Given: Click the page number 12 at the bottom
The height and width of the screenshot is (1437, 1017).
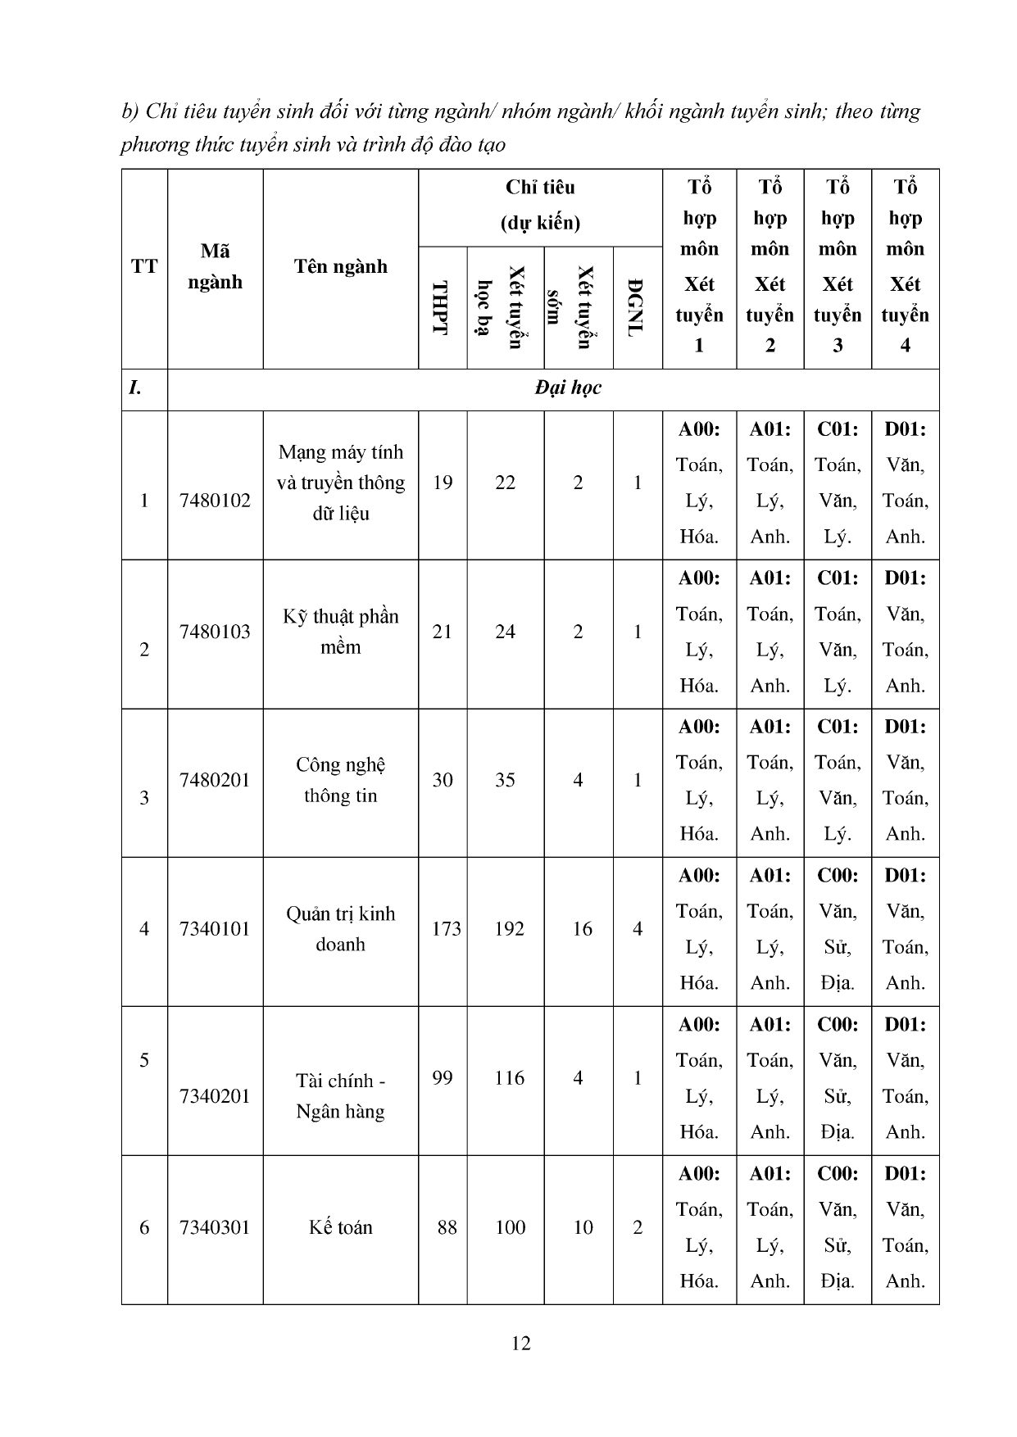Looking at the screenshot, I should point(520,1343).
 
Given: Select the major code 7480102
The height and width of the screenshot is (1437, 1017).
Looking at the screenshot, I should point(215,501).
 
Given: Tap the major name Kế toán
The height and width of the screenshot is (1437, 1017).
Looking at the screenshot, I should point(340,1227).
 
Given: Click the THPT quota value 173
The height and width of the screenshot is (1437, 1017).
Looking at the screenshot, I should point(446,929).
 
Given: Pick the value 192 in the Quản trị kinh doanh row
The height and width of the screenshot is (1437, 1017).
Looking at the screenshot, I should point(509,929).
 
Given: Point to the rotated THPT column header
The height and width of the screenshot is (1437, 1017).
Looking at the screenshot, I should point(442,307).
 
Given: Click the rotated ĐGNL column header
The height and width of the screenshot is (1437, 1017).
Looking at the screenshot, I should point(637,307).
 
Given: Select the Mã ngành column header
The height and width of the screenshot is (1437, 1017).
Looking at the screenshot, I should point(215,266).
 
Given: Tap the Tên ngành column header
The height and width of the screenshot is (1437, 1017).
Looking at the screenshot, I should point(340,266).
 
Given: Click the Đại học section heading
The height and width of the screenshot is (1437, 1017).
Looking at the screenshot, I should point(568,388).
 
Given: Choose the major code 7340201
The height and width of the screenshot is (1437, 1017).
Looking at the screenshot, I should point(215,1096).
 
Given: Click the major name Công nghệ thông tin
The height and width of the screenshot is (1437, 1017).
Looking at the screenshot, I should point(340,780).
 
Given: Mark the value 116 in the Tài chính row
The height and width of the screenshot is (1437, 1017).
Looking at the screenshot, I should point(509,1078).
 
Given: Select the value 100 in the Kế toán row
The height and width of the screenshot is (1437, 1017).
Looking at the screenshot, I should point(509,1227).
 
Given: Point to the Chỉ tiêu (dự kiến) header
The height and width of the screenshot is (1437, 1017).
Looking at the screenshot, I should point(540,205).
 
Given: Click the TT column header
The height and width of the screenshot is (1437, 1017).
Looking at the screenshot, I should point(144,266).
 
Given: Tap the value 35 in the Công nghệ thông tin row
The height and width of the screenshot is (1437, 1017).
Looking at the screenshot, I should point(505,780).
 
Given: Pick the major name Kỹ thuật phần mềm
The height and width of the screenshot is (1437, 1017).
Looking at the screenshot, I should point(340,632).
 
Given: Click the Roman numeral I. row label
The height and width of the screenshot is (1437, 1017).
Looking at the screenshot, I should point(136,388).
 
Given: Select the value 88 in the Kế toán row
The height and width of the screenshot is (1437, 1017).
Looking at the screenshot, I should point(447,1227).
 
